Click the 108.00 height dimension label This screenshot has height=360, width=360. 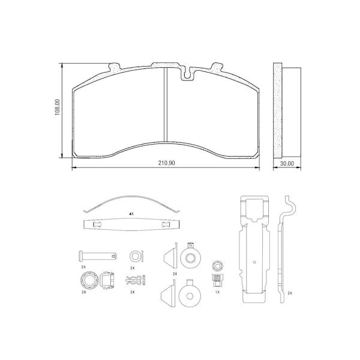click(58, 107)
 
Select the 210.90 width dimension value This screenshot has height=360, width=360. click(166, 163)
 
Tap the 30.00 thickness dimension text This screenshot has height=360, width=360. click(287, 163)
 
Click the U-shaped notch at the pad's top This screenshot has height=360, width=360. click(188, 73)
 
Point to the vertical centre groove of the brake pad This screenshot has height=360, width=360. click(166, 104)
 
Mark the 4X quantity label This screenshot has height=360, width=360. click(131, 214)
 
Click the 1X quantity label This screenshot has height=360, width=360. click(217, 292)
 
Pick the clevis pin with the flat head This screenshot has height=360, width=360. click(98, 256)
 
